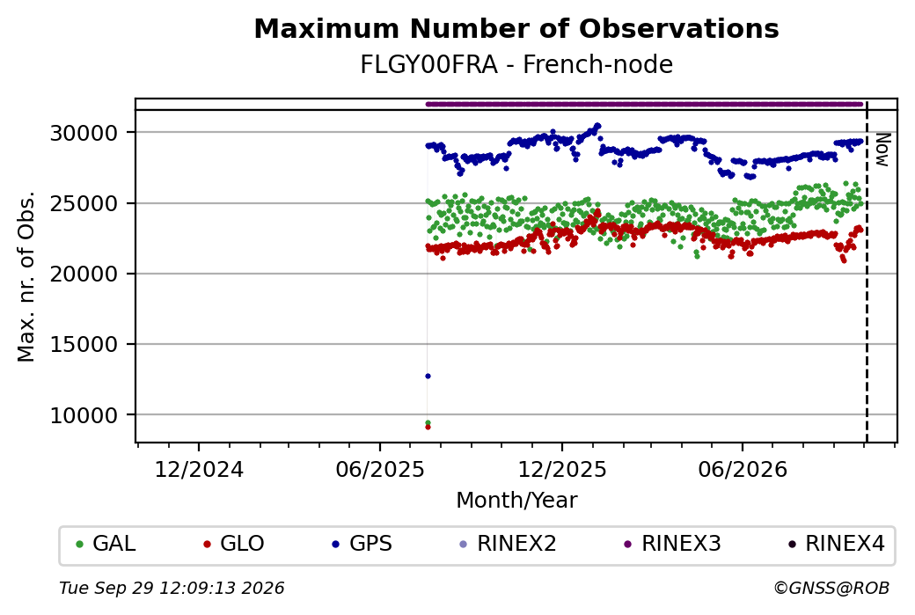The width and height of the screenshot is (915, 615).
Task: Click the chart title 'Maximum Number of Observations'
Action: (x=516, y=28)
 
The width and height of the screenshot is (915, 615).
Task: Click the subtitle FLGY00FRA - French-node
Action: (x=516, y=64)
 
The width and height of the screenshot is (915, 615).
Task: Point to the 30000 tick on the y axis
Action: (x=84, y=133)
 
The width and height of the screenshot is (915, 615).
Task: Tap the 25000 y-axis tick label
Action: (x=84, y=203)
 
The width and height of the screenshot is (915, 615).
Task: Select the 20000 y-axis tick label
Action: (x=84, y=274)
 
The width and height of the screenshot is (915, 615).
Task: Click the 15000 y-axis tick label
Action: (x=84, y=344)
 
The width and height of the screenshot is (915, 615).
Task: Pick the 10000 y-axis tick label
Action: (x=84, y=415)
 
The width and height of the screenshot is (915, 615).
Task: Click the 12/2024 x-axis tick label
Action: (x=199, y=469)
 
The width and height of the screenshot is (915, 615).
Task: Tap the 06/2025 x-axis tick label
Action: (x=380, y=469)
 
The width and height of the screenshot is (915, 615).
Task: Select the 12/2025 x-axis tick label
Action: (x=562, y=469)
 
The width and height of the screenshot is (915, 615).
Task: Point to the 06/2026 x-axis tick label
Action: (x=743, y=469)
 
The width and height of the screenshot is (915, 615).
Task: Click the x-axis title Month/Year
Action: (x=516, y=500)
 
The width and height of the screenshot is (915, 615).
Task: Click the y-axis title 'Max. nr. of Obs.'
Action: (x=26, y=276)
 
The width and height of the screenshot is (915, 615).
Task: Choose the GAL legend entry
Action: (x=106, y=544)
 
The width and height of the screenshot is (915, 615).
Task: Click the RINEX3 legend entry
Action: (x=673, y=544)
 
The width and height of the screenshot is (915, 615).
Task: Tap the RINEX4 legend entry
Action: (x=837, y=544)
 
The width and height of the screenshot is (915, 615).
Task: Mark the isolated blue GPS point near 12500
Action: (x=428, y=377)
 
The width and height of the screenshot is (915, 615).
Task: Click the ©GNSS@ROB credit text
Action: (x=831, y=588)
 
